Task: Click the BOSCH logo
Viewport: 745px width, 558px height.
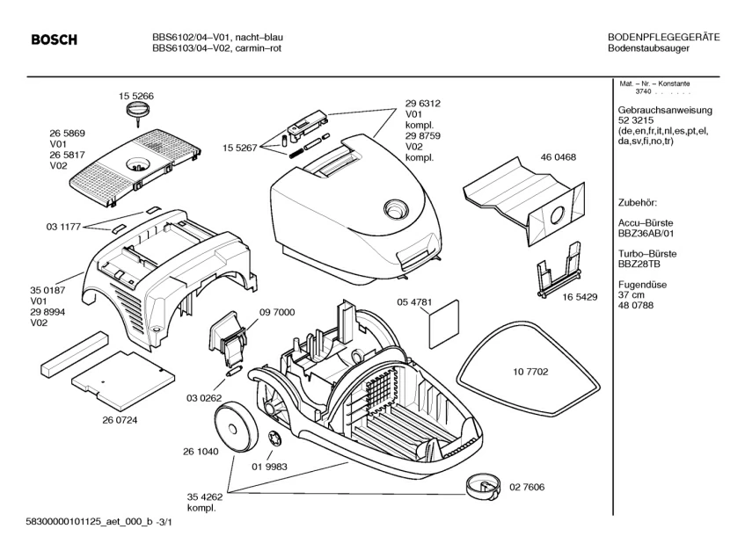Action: pyautogui.click(x=54, y=40)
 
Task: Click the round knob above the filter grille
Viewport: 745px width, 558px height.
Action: pyautogui.click(x=135, y=109)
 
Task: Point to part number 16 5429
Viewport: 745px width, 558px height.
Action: pyautogui.click(x=580, y=297)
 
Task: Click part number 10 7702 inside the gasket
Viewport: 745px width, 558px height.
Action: pyautogui.click(x=530, y=372)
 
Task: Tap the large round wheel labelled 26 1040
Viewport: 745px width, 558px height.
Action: pyautogui.click(x=236, y=425)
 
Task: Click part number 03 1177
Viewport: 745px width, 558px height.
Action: pyautogui.click(x=63, y=227)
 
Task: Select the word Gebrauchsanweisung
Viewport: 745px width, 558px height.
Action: pyautogui.click(x=665, y=110)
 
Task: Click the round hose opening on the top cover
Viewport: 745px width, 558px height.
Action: pyautogui.click(x=395, y=210)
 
